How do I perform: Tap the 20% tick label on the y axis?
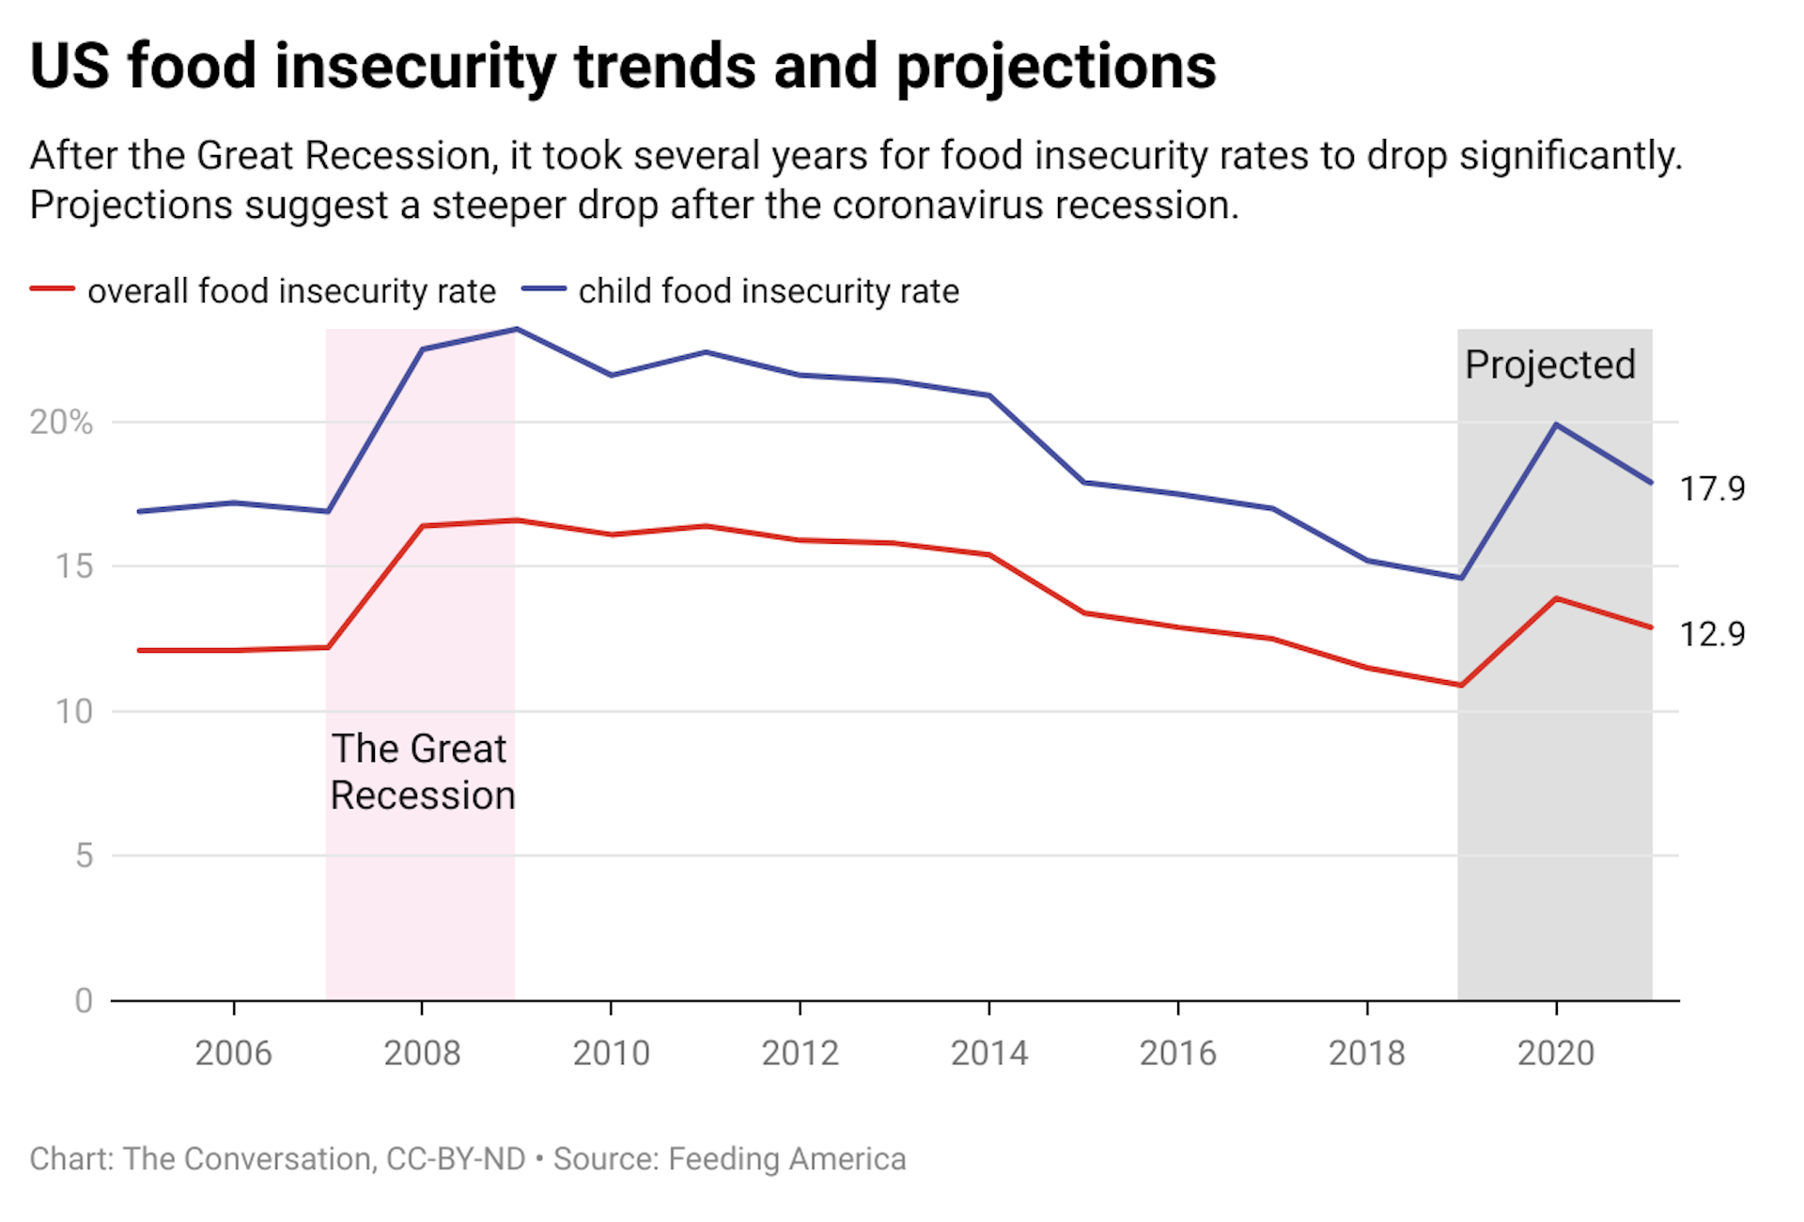(x=61, y=423)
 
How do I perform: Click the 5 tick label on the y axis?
(x=84, y=856)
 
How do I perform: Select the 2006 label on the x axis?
(x=233, y=1053)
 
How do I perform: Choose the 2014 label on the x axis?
(x=988, y=1053)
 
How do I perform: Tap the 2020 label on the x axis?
(x=1555, y=1053)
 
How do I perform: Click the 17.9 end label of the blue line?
(x=1711, y=488)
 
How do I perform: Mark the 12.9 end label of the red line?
(x=1711, y=634)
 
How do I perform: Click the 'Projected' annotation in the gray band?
(x=1550, y=364)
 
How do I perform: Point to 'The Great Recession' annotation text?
(x=422, y=772)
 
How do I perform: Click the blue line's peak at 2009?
(x=517, y=330)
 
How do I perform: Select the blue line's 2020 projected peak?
(x=1556, y=425)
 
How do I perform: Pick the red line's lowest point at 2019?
(x=1461, y=685)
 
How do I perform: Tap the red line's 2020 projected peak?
(x=1556, y=598)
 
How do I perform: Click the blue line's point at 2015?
(x=1084, y=483)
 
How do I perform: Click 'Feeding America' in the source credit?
(x=786, y=1159)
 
